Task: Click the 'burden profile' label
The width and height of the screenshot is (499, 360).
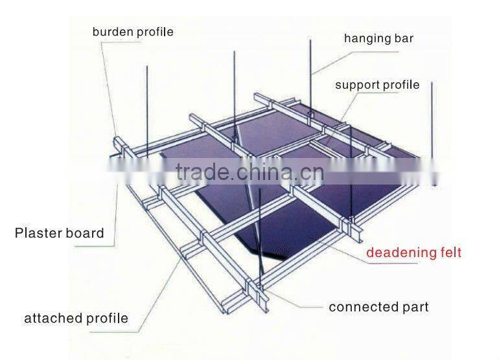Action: (x=133, y=32)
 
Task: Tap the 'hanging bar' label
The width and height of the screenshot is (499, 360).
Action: (x=378, y=38)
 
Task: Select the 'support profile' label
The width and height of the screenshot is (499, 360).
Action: (x=377, y=85)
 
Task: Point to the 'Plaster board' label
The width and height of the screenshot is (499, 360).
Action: (x=59, y=233)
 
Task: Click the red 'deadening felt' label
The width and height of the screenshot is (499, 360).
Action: (x=413, y=253)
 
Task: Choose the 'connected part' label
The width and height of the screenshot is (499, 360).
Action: (x=378, y=307)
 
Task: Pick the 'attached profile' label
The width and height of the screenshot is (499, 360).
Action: (x=76, y=319)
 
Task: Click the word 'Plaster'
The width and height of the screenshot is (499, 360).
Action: (x=38, y=233)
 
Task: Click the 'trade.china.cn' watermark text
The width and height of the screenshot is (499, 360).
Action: (x=250, y=172)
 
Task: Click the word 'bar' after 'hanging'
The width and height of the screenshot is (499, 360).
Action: (x=404, y=38)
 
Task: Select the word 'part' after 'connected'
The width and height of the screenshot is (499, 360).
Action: (x=416, y=307)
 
